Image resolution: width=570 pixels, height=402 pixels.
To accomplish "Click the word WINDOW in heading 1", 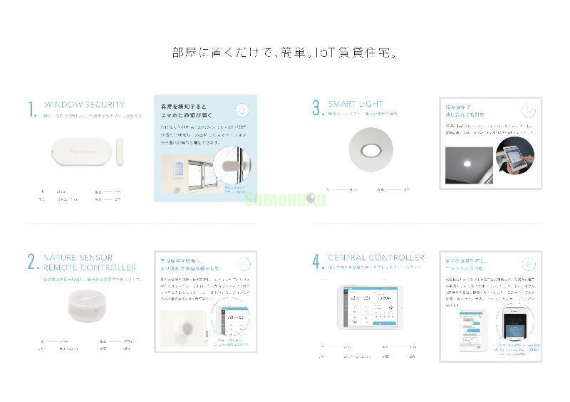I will (62, 105).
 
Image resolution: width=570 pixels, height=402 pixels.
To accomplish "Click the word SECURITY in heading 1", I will (103, 105).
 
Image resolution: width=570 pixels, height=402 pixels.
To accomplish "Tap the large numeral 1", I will (31, 110).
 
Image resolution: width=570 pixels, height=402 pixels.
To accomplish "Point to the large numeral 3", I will (317, 108).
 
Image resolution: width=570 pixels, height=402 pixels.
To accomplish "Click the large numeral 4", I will (317, 262).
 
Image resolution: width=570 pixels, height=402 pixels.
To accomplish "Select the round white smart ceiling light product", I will (370, 150).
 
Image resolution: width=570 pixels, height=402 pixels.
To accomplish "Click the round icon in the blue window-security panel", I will (242, 110).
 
